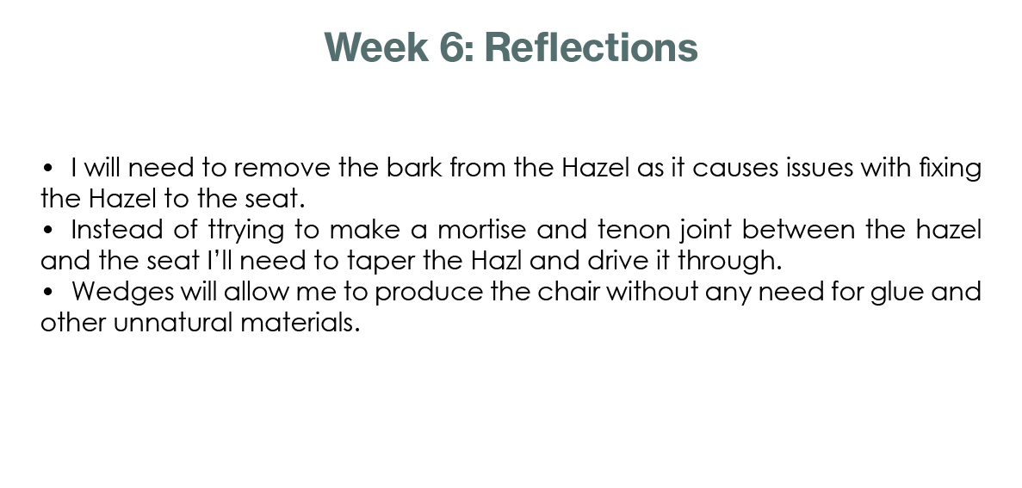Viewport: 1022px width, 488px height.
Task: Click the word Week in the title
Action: point(376,47)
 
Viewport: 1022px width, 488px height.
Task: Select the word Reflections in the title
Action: point(592,47)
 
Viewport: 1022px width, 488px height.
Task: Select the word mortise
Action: point(481,231)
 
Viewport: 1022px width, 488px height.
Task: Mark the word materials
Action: point(300,323)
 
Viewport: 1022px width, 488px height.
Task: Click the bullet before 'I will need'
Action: point(47,169)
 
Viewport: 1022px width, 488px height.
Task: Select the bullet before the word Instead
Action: point(47,231)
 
